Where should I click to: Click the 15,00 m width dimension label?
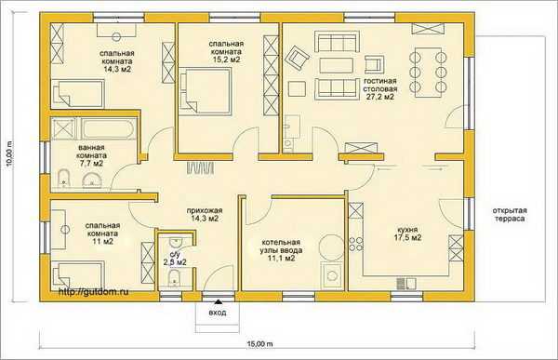point(259,344)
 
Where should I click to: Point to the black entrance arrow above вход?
point(218,302)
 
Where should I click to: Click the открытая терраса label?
point(510,215)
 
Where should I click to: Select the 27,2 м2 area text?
point(380,97)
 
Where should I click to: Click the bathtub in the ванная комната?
point(109,128)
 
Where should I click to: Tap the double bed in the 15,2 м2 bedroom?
point(206,92)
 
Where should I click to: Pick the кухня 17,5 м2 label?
point(408,233)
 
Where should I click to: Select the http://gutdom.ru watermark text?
point(93,292)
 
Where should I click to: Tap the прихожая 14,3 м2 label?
point(205,214)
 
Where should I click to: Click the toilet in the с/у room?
point(174,278)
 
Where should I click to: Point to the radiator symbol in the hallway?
point(200,168)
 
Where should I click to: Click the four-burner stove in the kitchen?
point(355,244)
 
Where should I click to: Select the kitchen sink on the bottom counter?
point(406,283)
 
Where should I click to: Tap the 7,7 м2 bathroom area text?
point(90,164)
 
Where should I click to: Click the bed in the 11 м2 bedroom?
point(78,275)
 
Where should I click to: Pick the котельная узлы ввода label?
point(281,250)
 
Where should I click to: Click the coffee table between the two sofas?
point(336,65)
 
